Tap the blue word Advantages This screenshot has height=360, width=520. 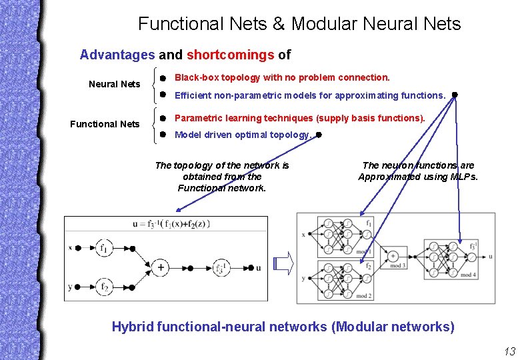117,55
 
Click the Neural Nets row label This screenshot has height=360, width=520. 115,84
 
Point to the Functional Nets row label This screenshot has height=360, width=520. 105,124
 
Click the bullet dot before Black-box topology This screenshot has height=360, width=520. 163,78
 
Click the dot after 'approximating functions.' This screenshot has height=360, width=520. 454,95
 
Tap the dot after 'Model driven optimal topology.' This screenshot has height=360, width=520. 319,135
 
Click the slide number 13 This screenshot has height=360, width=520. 509,352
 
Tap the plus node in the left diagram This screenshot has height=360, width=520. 161,267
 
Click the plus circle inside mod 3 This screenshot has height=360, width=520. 393,255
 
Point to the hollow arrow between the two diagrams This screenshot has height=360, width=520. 284,264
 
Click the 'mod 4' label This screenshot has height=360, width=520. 467,275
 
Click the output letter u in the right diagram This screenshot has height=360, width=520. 491,255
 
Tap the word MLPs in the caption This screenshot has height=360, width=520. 465,177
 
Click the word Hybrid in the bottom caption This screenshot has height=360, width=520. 132,327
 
